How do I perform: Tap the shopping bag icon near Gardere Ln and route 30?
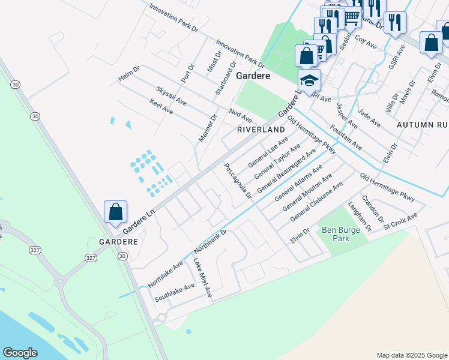click(115, 212)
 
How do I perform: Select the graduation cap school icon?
click(310, 81)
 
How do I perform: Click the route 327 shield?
click(91, 257)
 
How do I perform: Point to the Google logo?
click(20, 353)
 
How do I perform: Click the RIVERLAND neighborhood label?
click(261, 130)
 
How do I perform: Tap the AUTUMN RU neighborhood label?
click(423, 124)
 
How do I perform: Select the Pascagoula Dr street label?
click(238, 182)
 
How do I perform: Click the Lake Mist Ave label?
click(202, 278)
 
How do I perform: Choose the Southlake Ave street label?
click(175, 292)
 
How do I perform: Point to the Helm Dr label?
click(129, 74)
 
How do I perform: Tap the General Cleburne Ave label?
click(316, 202)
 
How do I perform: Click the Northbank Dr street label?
click(210, 241)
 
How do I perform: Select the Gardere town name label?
click(253, 76)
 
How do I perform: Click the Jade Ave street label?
click(369, 118)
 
